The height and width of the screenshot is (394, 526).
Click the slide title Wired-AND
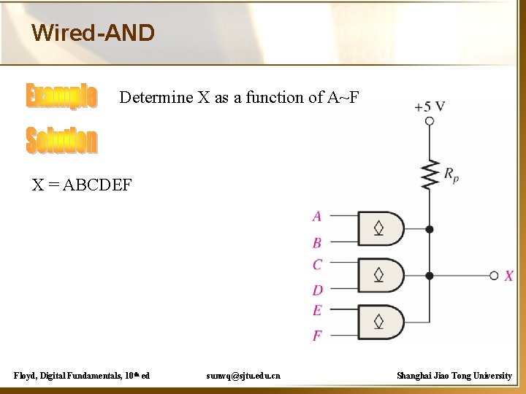point(93,33)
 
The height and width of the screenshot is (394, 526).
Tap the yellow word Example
point(61,97)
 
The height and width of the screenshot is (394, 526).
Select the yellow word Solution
point(61,140)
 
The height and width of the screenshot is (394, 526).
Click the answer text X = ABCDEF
point(82,185)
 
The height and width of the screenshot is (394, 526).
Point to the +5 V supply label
point(430,107)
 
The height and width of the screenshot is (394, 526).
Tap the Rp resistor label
point(451,174)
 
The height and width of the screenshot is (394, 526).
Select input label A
point(317,216)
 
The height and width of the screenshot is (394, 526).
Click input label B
point(317,242)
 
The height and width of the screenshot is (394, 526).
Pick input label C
point(317,264)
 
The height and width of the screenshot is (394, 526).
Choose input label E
point(317,310)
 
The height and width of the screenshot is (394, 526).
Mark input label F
point(317,336)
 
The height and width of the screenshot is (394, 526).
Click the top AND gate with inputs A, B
point(381,229)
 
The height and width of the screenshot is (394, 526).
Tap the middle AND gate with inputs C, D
point(381,276)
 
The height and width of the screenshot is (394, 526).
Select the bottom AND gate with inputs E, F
point(381,321)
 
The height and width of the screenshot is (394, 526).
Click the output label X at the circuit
point(509,276)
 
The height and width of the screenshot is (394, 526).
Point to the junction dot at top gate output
point(430,229)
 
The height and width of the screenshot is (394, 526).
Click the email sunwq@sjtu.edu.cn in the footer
point(243,376)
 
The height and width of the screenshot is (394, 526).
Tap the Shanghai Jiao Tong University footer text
point(454,376)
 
